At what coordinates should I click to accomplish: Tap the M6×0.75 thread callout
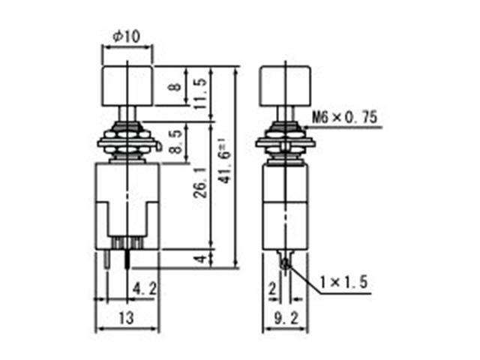(344, 118)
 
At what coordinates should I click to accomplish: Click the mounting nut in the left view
(127, 142)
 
